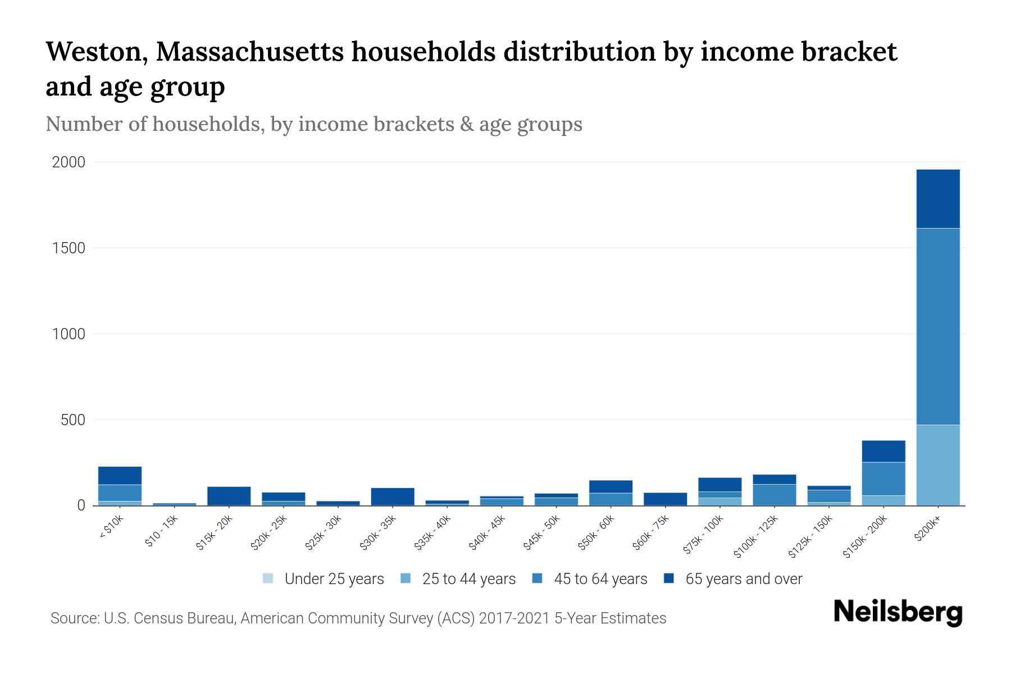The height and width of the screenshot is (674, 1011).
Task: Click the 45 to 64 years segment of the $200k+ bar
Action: point(937,326)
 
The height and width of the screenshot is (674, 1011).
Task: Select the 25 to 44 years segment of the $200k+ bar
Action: point(937,465)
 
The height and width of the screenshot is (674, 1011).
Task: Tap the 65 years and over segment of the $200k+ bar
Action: point(937,198)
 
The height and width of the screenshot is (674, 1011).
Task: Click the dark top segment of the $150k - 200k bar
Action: point(883,451)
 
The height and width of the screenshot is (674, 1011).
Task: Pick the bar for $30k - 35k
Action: point(393,497)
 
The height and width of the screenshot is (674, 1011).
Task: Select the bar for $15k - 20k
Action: point(229,496)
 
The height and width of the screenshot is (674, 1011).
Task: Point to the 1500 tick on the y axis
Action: point(69,248)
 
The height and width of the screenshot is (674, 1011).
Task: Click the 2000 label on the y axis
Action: point(69,162)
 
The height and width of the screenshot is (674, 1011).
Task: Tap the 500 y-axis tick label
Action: point(73,420)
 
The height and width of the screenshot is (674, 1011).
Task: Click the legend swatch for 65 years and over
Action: point(669,579)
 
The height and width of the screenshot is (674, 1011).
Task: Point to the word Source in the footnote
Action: point(74,618)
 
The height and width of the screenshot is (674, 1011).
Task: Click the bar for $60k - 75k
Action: point(665,499)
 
